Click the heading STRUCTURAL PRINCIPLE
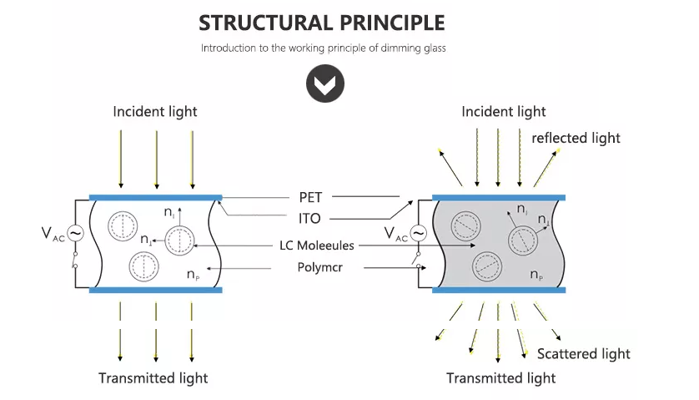[x=322, y=22]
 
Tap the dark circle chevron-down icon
[x=322, y=84]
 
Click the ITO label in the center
[x=309, y=218]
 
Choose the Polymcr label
[x=320, y=267]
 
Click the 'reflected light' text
[x=576, y=137]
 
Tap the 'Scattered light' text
[x=584, y=354]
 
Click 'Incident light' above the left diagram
[x=155, y=111]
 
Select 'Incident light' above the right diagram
[x=504, y=111]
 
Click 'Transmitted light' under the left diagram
[x=153, y=377]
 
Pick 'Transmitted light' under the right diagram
[x=501, y=378]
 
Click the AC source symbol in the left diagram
[x=74, y=233]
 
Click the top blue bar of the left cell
[x=155, y=198]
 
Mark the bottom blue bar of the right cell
[x=500, y=291]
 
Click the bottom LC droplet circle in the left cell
[x=143, y=266]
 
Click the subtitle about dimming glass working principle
[x=323, y=48]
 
